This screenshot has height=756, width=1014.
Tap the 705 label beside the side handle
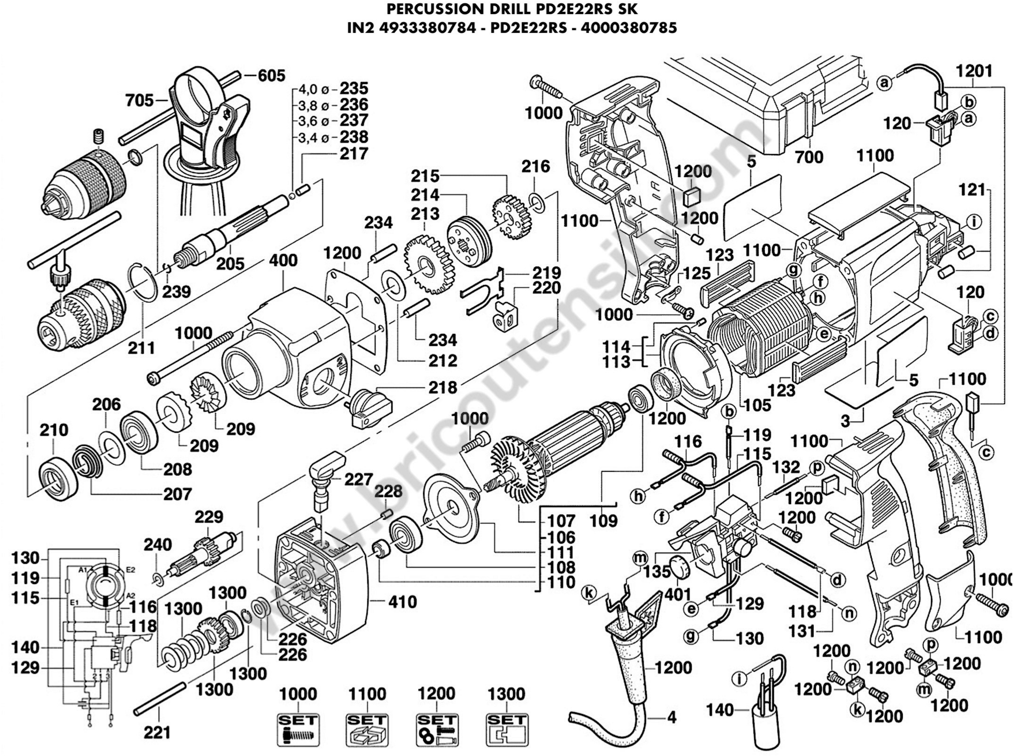click(140, 100)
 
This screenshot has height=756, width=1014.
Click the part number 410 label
click(403, 602)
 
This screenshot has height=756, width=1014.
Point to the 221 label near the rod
click(157, 732)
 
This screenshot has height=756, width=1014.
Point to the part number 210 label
click(54, 430)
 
